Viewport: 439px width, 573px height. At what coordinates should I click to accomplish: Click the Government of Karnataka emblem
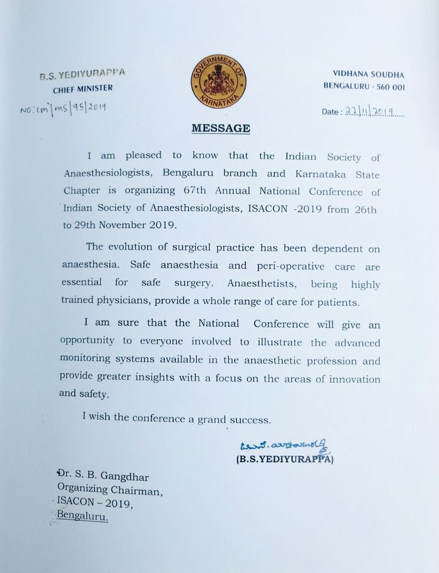point(219,81)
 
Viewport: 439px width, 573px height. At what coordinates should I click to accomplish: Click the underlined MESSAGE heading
point(220,128)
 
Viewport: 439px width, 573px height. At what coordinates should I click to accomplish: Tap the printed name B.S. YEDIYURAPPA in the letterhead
point(82,74)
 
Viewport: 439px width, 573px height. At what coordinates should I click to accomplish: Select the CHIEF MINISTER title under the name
point(83,88)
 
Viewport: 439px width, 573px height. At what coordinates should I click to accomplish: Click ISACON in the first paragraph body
point(263,209)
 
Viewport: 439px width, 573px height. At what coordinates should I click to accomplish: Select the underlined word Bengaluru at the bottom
point(83,516)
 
